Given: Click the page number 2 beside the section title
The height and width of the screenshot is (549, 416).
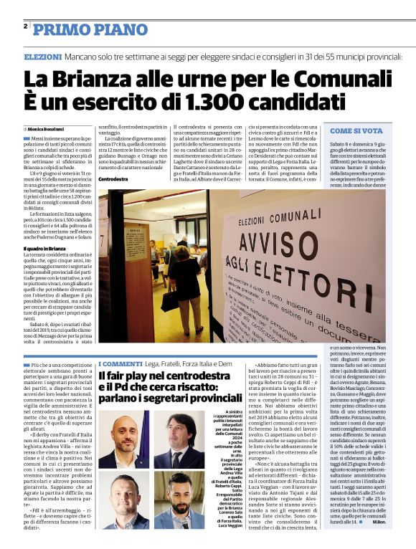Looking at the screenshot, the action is click(x=25, y=27).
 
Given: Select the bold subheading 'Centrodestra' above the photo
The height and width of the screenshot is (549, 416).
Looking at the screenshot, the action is click(x=113, y=178).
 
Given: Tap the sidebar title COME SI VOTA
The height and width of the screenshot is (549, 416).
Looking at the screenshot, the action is click(x=356, y=131).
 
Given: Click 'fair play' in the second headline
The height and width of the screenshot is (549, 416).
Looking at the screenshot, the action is click(x=134, y=377).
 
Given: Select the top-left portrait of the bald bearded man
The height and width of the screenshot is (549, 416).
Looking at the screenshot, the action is click(x=118, y=439).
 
